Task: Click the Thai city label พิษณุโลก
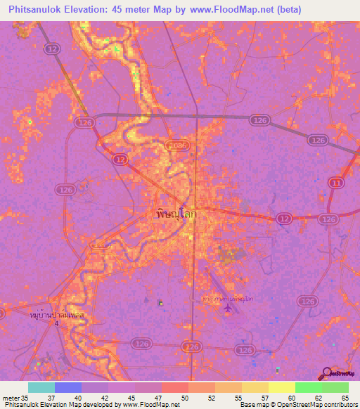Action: click(x=175, y=214)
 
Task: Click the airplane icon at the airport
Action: click(x=227, y=306)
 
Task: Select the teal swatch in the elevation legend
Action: click(x=41, y=387)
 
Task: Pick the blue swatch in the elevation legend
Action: click(x=68, y=387)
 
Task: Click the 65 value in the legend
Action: click(x=345, y=398)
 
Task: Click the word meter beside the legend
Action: click(x=10, y=398)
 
